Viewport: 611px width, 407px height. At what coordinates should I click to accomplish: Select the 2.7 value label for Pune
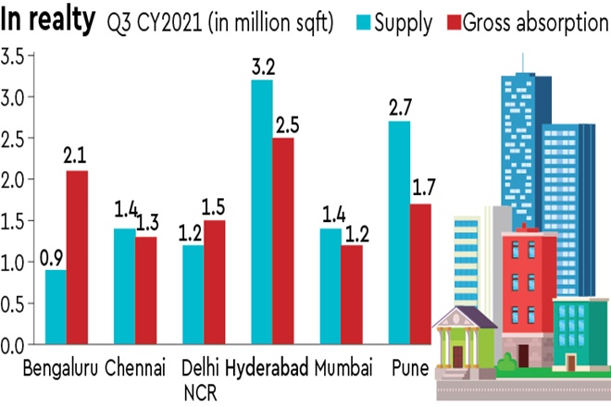coord(399,108)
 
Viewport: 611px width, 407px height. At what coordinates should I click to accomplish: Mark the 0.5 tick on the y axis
coord(14,303)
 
